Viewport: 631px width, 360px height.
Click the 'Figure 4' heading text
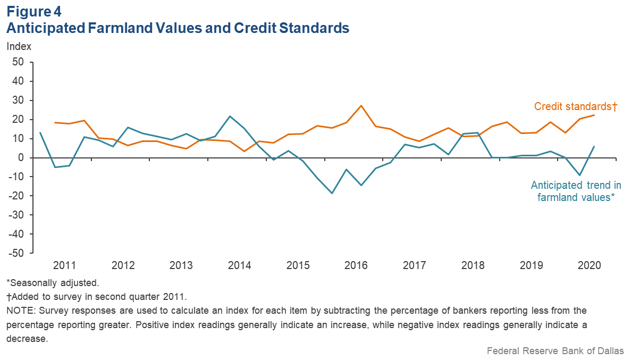click(34, 11)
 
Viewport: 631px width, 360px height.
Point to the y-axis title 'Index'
click(19, 46)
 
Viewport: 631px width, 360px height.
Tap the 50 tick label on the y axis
click(19, 62)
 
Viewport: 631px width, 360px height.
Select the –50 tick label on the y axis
click(16, 253)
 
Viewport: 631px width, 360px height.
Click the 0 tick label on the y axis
click(22, 158)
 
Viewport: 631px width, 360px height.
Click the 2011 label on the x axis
click(65, 265)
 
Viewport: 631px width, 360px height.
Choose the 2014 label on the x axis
click(239, 265)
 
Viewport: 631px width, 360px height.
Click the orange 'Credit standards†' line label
click(575, 106)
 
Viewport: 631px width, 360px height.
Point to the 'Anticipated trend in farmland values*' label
click(576, 191)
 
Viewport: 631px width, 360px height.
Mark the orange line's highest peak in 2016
click(361, 105)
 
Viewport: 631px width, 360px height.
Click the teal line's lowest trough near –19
click(332, 193)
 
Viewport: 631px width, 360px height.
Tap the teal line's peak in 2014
click(229, 116)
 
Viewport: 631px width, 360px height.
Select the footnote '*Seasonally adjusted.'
click(53, 282)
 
